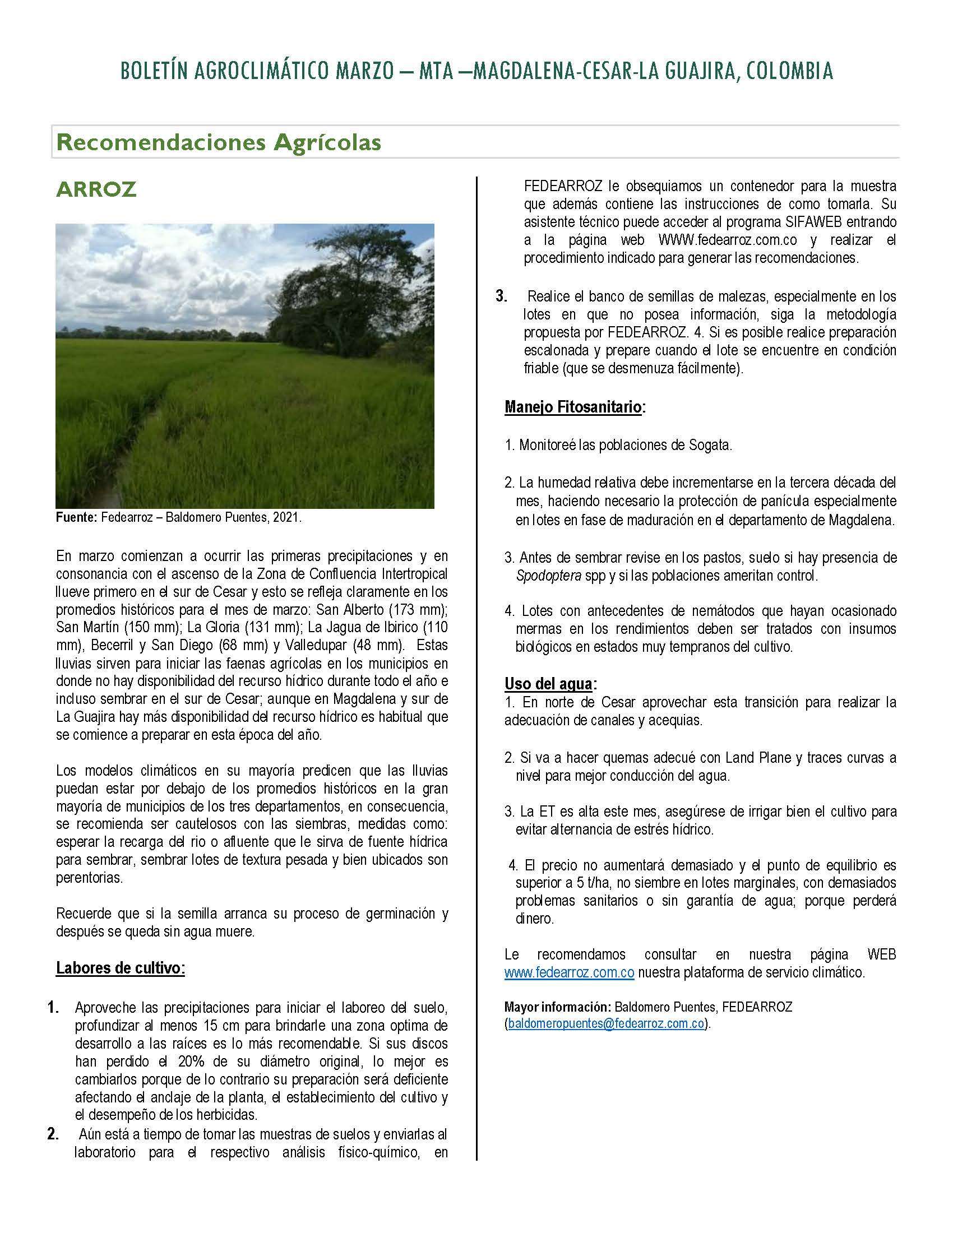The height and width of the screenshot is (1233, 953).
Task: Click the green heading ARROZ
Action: pyautogui.click(x=96, y=189)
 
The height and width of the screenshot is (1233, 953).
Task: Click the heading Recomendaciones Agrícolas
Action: pyautogui.click(x=219, y=142)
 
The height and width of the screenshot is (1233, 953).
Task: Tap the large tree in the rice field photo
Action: pyautogui.click(x=350, y=294)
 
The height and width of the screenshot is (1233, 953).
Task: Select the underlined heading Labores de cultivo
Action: pyautogui.click(x=121, y=968)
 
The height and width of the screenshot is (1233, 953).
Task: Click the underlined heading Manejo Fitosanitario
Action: pyautogui.click(x=573, y=407)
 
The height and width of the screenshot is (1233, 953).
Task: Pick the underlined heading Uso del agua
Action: pyautogui.click(x=549, y=684)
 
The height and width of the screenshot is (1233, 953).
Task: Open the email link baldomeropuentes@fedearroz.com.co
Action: pyautogui.click(x=606, y=1024)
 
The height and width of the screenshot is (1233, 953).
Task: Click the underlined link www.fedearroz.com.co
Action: pyautogui.click(x=570, y=973)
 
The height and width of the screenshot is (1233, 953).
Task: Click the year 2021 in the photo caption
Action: pyautogui.click(x=286, y=518)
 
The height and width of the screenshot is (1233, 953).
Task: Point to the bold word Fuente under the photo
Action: pyautogui.click(x=76, y=518)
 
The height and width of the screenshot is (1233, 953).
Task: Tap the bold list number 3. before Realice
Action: pyautogui.click(x=501, y=296)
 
